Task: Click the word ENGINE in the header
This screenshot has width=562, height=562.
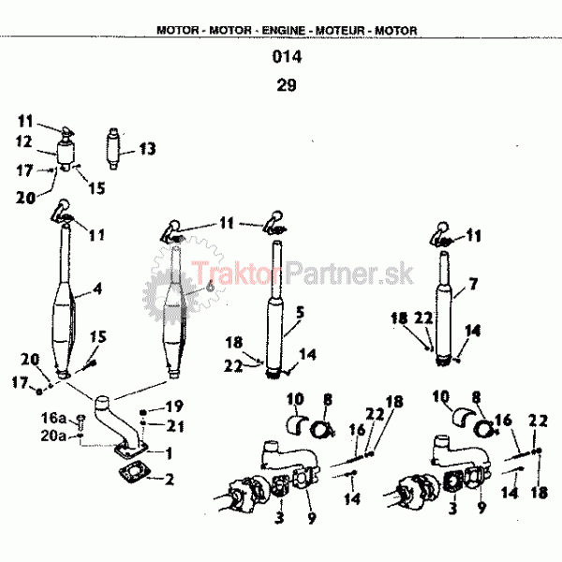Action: (x=283, y=31)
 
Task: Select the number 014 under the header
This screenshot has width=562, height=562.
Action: (x=287, y=56)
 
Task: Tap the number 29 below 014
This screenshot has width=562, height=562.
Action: (x=287, y=85)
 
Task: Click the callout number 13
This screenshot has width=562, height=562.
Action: (x=147, y=149)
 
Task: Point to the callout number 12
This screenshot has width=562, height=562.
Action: (x=23, y=141)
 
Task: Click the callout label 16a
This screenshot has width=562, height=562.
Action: (x=53, y=418)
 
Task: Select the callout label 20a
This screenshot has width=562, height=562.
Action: (x=53, y=436)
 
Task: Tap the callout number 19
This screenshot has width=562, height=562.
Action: (x=174, y=407)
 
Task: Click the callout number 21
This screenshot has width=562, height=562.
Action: (x=176, y=426)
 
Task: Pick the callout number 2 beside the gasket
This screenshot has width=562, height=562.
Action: (x=170, y=480)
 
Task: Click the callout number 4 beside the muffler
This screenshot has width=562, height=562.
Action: (x=97, y=288)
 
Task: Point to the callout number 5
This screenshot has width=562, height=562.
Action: (x=300, y=312)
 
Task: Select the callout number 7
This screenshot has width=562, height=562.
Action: (x=473, y=284)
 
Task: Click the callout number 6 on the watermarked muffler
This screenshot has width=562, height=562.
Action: (x=211, y=287)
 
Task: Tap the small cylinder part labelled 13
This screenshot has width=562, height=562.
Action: (x=113, y=149)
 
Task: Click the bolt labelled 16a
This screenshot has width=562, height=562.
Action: (x=81, y=422)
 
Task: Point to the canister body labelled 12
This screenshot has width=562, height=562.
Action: (x=66, y=153)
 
